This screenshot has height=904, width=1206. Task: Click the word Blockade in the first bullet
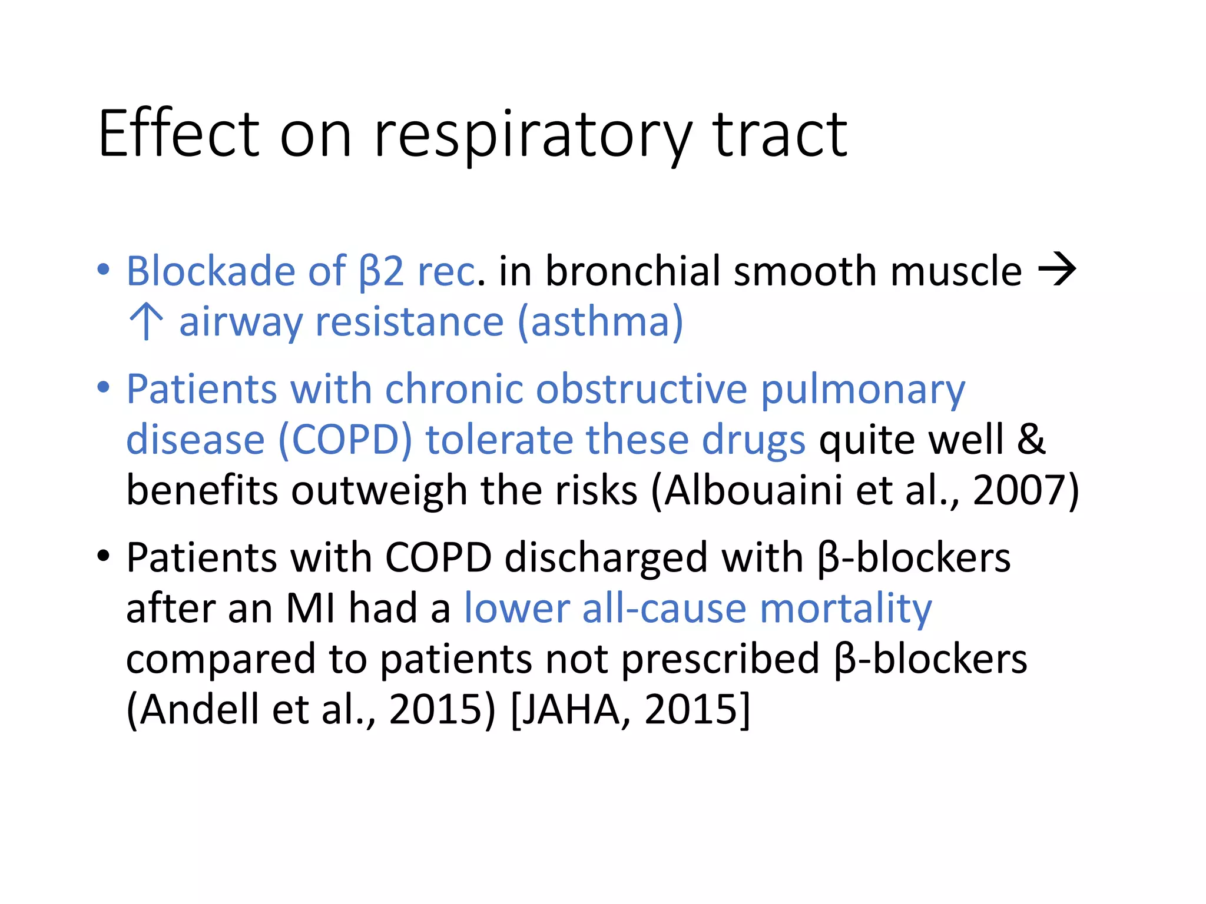point(211,271)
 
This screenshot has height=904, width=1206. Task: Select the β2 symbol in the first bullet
point(382,271)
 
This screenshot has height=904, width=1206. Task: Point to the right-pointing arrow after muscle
point(1057,270)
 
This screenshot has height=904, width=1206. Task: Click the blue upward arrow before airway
point(146,321)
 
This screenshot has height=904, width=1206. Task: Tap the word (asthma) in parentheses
point(600,322)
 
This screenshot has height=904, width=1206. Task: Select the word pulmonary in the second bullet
point(863,390)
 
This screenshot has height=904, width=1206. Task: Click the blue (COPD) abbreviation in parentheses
point(345,440)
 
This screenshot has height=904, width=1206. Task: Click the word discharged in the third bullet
point(606,557)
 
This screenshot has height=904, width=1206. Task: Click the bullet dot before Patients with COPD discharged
point(104,556)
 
